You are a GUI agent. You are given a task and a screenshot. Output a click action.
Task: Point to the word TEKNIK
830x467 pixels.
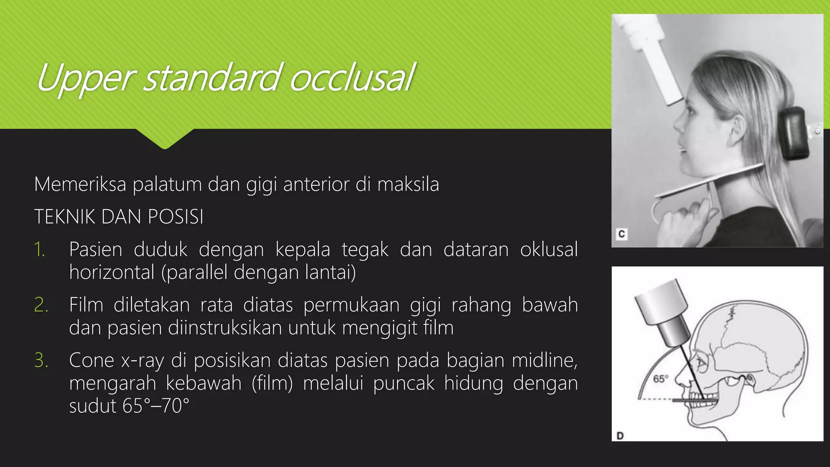[64, 217]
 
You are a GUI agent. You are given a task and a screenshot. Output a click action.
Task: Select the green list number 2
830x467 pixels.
[41, 305]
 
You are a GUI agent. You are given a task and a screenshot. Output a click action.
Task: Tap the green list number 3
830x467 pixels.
[41, 360]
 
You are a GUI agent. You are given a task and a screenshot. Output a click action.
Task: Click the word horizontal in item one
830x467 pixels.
[112, 272]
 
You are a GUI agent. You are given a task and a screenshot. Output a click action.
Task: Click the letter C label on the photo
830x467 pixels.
[621, 234]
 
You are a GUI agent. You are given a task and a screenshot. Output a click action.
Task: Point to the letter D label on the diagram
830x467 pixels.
[620, 436]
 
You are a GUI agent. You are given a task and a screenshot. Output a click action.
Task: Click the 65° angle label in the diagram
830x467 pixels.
[660, 379]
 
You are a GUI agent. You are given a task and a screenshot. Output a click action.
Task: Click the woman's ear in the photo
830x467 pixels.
[738, 130]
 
